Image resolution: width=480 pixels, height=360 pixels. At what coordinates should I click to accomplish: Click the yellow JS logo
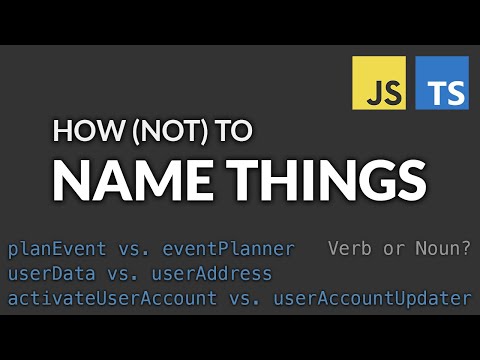(x=377, y=83)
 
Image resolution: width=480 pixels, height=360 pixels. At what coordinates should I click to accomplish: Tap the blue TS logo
(x=441, y=83)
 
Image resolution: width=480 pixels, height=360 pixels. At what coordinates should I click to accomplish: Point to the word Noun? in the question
(x=445, y=248)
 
